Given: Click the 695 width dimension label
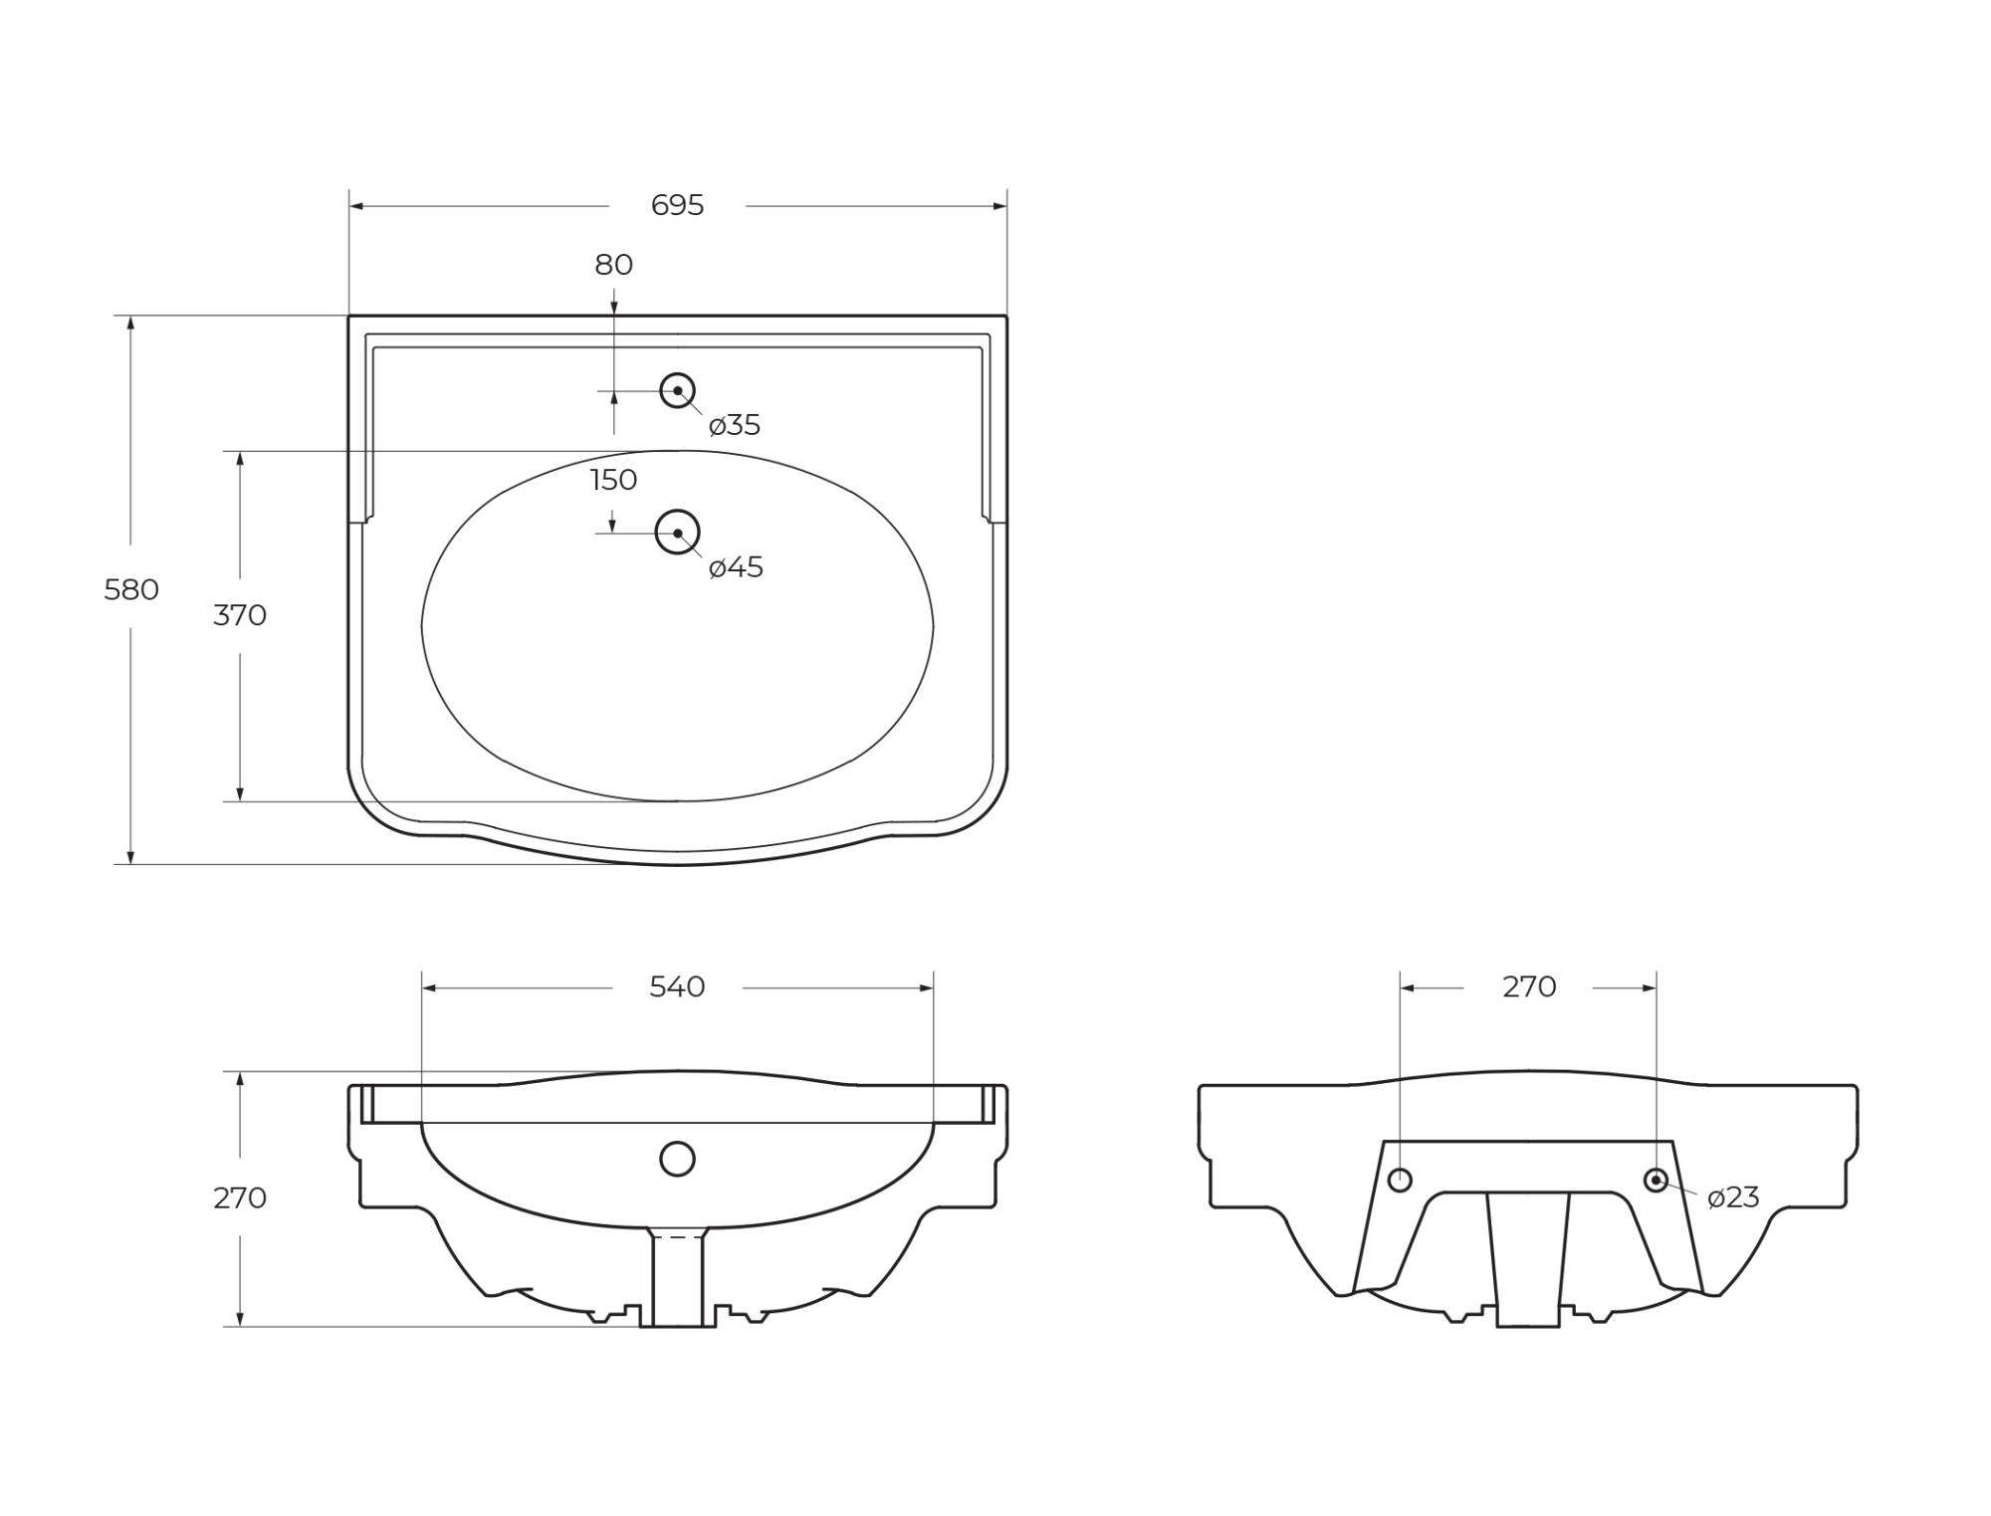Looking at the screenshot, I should (677, 205).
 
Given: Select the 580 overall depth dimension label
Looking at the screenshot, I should (131, 590).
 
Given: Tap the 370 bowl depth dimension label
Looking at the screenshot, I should (240, 616).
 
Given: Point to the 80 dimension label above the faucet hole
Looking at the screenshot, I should (613, 265).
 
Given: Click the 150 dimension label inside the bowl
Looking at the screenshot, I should (613, 480).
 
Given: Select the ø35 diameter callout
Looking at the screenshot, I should (735, 426).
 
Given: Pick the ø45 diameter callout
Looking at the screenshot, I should (736, 568).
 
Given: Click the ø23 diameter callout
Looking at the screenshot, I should (1733, 1197).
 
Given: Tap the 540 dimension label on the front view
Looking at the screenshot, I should (677, 987).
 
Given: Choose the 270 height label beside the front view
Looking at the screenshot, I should (240, 1198).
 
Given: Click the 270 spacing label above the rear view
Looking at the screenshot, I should (1529, 987).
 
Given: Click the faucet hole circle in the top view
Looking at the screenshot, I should (677, 390).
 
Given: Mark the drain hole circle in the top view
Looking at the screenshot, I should (677, 533).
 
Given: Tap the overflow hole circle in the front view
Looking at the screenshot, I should (677, 1159).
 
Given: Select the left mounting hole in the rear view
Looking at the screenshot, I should (1400, 1181).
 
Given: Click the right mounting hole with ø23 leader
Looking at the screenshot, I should (1656, 1181).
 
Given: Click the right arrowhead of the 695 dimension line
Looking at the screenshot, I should (1000, 206).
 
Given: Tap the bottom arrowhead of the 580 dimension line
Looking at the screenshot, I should (130, 857).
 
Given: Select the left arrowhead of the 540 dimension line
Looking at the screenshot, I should (429, 988).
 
